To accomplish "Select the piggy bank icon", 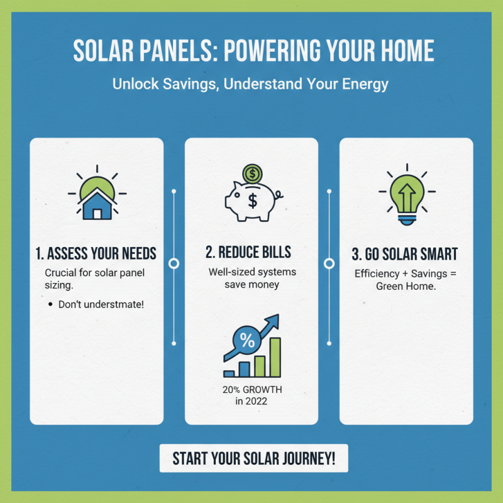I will (252, 201).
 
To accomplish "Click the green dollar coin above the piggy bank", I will (252, 172).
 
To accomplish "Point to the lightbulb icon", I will (406, 195).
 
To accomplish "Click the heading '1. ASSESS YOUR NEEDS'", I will (96, 254).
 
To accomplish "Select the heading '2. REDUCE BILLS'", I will (248, 253).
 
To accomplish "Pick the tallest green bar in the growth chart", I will (275, 357).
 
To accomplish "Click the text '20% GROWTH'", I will (251, 389).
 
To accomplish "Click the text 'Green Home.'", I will (406, 286).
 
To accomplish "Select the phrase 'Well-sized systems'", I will (252, 272).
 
